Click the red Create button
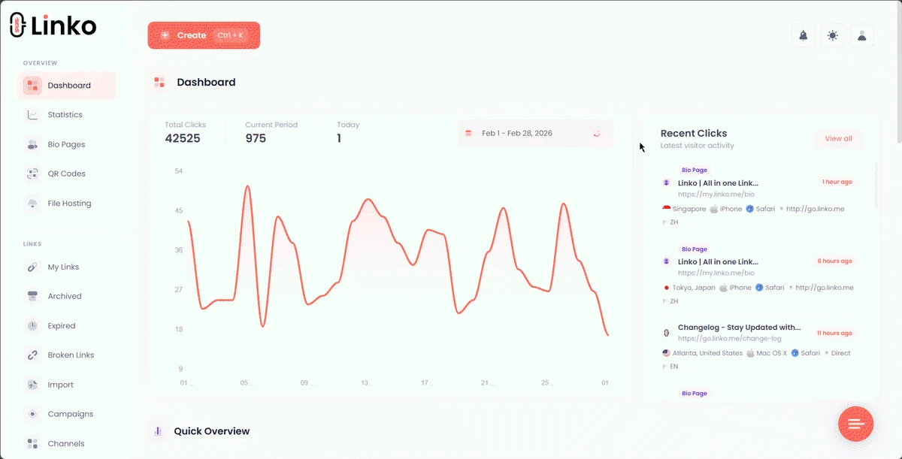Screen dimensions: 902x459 (x=204, y=35)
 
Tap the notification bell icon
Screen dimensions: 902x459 (x=804, y=36)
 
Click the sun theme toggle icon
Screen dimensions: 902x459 (x=833, y=36)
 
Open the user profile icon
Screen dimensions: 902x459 (x=861, y=36)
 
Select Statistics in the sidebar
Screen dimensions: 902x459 (x=65, y=115)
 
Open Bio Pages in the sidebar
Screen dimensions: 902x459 (x=66, y=144)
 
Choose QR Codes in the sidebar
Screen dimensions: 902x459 (x=66, y=174)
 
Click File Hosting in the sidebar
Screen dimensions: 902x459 (x=69, y=204)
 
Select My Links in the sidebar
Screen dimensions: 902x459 (x=63, y=267)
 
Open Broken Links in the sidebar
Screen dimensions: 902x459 (x=71, y=355)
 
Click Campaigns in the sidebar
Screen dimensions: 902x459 (x=70, y=414)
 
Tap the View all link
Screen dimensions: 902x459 (x=838, y=138)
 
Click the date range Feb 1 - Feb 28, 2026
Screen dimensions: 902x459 (x=516, y=133)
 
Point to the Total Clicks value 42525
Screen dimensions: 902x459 (x=183, y=138)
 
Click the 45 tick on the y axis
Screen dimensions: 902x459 (x=178, y=210)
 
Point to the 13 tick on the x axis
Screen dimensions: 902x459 (x=365, y=382)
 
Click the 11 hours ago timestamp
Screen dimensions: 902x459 (x=834, y=333)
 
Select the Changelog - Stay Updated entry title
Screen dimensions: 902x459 (x=739, y=328)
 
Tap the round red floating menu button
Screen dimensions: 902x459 (x=855, y=424)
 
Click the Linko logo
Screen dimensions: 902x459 (x=53, y=25)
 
